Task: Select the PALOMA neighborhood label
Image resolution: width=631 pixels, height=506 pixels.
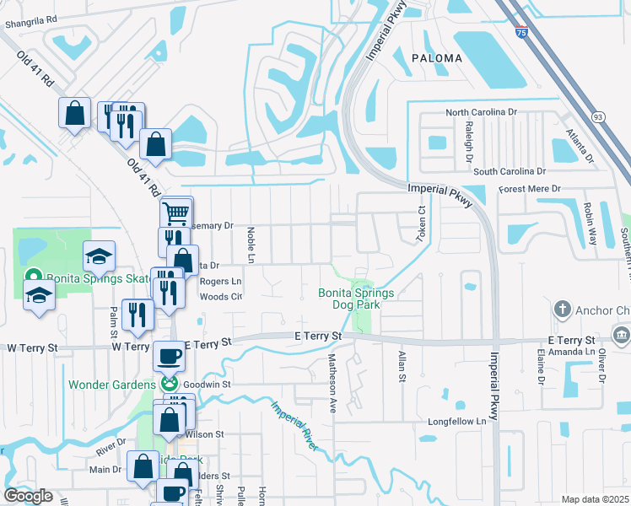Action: pos(436,58)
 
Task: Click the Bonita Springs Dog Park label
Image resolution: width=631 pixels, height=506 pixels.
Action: pos(355,299)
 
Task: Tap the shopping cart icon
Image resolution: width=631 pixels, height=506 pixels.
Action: pos(176,213)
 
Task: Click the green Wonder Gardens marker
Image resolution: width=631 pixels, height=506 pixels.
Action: pos(170,385)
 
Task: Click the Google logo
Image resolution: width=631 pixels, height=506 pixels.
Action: pos(28,496)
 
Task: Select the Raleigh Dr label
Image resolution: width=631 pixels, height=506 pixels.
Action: pos(469,141)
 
